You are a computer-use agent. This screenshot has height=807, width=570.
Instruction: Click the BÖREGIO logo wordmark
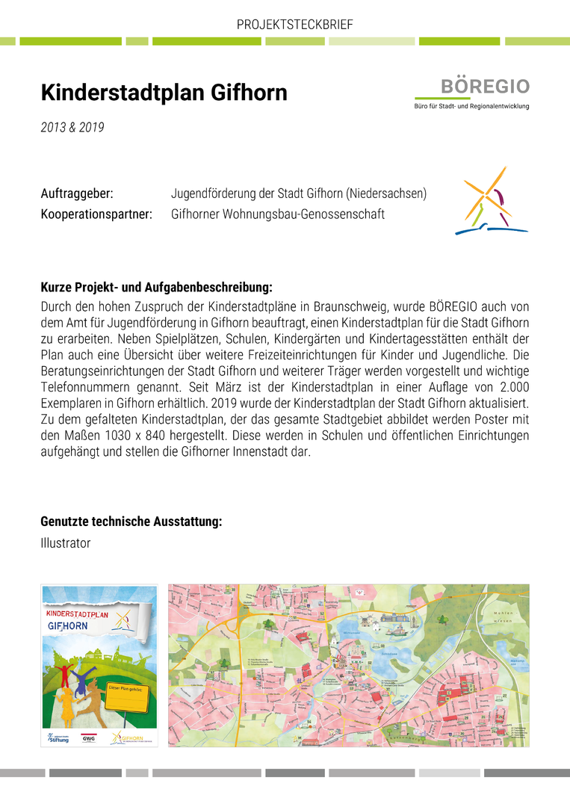(484, 86)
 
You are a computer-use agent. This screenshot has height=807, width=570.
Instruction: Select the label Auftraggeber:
(77, 194)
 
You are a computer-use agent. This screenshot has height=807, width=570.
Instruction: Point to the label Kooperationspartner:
(96, 214)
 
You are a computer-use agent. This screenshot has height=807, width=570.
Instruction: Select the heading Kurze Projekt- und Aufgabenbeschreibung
(156, 287)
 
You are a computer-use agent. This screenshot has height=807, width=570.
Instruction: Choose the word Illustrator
(66, 543)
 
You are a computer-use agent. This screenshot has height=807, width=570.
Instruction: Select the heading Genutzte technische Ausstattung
(131, 522)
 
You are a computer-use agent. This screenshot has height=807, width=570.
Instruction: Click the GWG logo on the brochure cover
(89, 738)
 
